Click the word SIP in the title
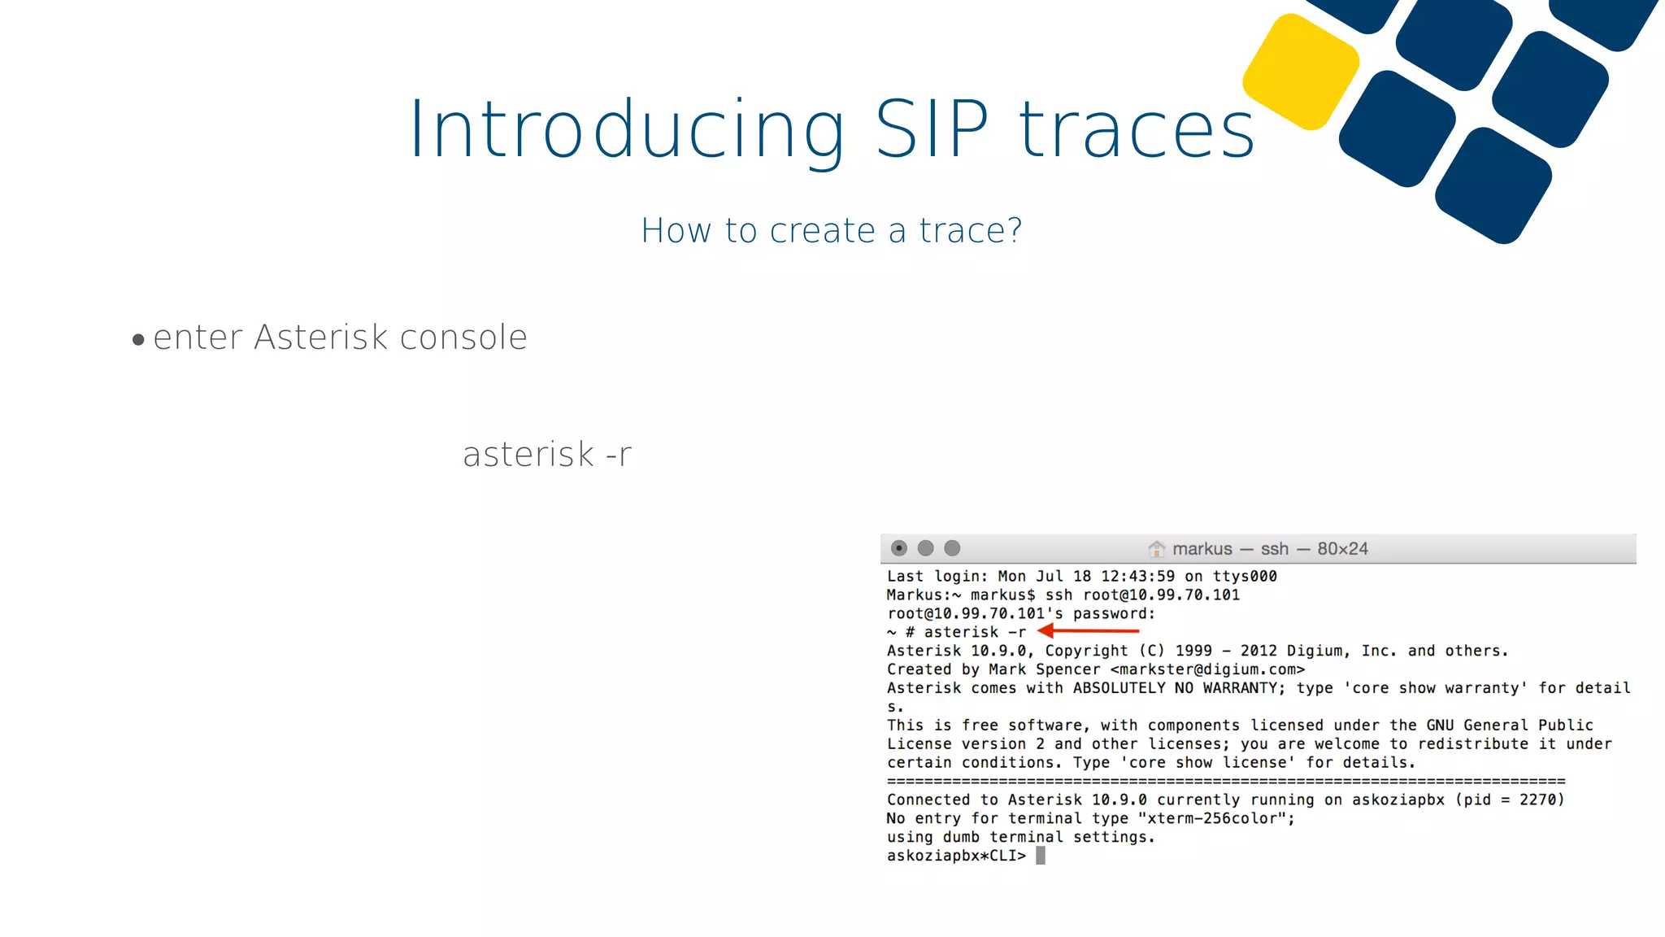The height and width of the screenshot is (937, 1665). pyautogui.click(x=932, y=129)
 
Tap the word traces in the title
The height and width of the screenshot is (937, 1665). pyautogui.click(x=1137, y=131)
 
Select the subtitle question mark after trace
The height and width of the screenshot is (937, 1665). pyautogui.click(x=1013, y=231)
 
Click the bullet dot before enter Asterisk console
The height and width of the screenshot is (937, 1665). pyautogui.click(x=138, y=340)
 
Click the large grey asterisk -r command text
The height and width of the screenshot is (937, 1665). pyautogui.click(x=546, y=455)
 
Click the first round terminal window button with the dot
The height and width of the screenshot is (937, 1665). pyautogui.click(x=898, y=548)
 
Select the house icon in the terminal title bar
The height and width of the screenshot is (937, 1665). pyautogui.click(x=1156, y=549)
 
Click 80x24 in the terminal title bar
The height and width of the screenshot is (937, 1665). pyautogui.click(x=1342, y=549)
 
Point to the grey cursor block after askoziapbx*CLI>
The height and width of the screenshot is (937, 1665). pyautogui.click(x=1041, y=856)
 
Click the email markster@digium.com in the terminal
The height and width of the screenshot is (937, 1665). pyautogui.click(x=1207, y=669)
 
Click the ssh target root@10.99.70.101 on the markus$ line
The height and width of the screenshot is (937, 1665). pyautogui.click(x=1161, y=595)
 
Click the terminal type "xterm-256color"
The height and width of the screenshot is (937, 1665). pyautogui.click(x=1215, y=818)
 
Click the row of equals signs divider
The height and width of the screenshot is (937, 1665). pyautogui.click(x=1225, y=782)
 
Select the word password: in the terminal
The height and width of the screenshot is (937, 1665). pyautogui.click(x=1114, y=613)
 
